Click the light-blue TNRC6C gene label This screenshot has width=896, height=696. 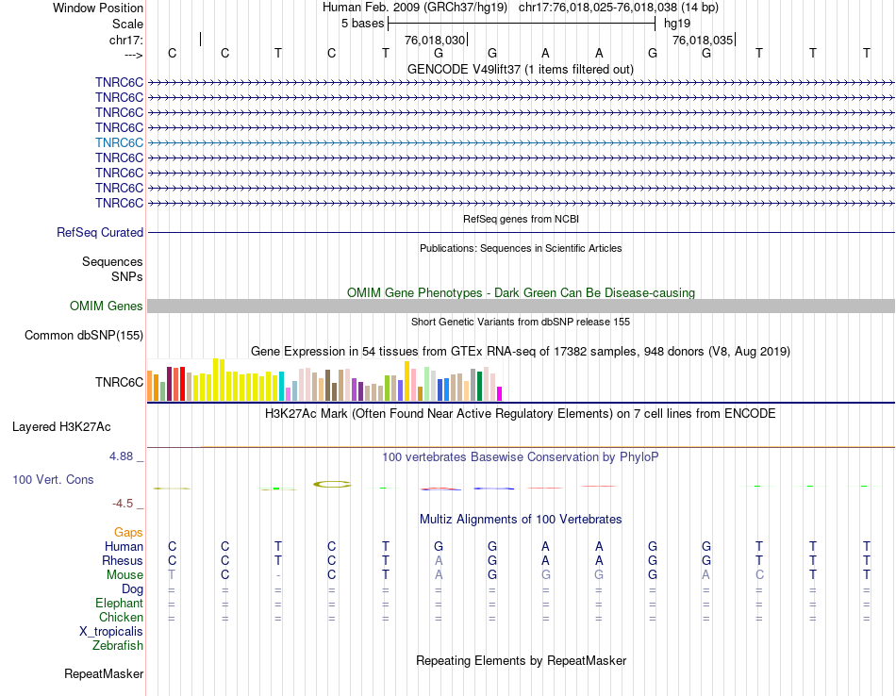pyautogui.click(x=119, y=142)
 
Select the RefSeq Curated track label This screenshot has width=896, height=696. pyautogui.click(x=100, y=232)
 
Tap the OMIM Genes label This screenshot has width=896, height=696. pyautogui.click(x=107, y=306)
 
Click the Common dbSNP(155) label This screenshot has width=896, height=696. pyautogui.click(x=84, y=335)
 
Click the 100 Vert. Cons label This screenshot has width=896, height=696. pyautogui.click(x=53, y=479)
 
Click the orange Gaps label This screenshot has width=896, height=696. pyautogui.click(x=128, y=532)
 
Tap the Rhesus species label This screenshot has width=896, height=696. pyautogui.click(x=122, y=560)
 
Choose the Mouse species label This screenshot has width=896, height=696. pyautogui.click(x=124, y=574)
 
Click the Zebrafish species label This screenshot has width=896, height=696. pyautogui.click(x=118, y=646)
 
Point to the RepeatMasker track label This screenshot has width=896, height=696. pyautogui.click(x=104, y=674)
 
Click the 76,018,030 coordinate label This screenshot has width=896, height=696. pyautogui.click(x=435, y=41)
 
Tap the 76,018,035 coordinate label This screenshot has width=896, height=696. pyautogui.click(x=702, y=41)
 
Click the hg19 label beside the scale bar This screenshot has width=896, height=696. pyautogui.click(x=678, y=23)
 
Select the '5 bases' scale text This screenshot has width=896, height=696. pyautogui.click(x=362, y=23)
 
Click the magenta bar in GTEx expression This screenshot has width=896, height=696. pyautogui.click(x=500, y=393)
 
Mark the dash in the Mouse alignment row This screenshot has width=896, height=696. pyautogui.click(x=277, y=575)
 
